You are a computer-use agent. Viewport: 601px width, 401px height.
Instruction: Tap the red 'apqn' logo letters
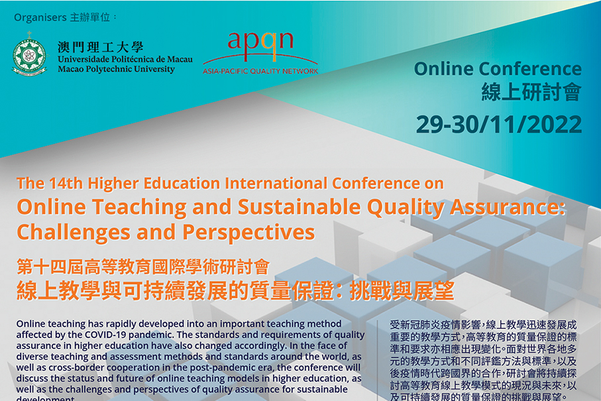pyautogui.click(x=260, y=41)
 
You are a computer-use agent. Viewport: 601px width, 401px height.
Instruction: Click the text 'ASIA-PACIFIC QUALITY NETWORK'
pyautogui.click(x=260, y=71)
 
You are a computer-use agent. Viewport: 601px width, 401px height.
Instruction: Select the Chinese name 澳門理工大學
pyautogui.click(x=100, y=46)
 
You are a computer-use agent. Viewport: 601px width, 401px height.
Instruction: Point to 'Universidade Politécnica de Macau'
pyautogui.click(x=125, y=59)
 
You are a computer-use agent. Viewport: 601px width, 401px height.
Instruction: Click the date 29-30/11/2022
pyautogui.click(x=498, y=124)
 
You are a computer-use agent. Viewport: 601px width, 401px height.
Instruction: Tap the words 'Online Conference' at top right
pyautogui.click(x=498, y=69)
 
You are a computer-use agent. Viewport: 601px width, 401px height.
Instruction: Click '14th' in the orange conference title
pyautogui.click(x=67, y=183)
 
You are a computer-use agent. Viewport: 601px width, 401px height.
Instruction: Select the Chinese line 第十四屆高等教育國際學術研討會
pyautogui.click(x=143, y=268)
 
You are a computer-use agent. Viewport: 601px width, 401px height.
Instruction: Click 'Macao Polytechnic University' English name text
pyautogui.click(x=117, y=69)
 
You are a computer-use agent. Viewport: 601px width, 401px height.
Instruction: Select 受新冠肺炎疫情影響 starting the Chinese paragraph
pyautogui.click(x=437, y=325)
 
